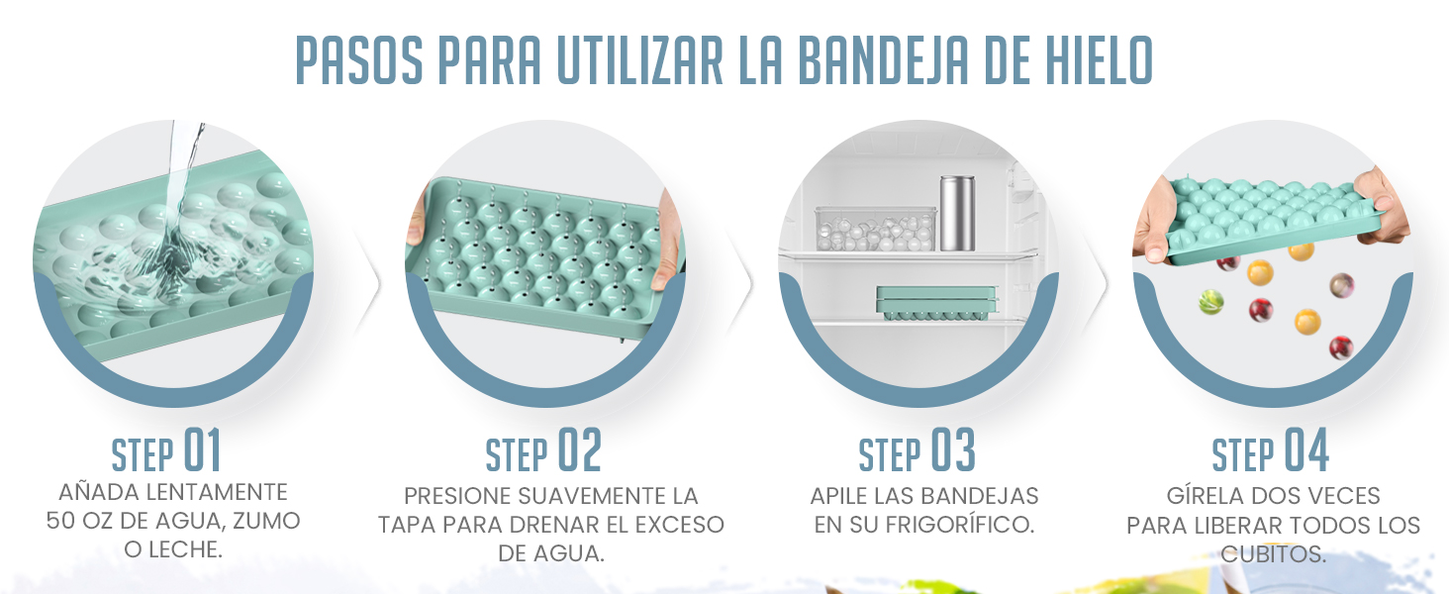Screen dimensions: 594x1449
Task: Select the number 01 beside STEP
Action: (x=202, y=451)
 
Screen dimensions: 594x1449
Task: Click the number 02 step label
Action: (x=580, y=451)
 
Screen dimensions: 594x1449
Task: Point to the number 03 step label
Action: (x=952, y=451)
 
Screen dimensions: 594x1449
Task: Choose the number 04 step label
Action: (x=1306, y=451)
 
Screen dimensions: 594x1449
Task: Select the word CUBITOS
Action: (x=1273, y=553)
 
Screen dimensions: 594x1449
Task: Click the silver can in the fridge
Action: (x=956, y=214)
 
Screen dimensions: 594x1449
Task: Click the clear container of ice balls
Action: (x=875, y=229)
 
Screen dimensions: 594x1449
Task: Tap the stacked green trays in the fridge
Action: (x=935, y=303)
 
